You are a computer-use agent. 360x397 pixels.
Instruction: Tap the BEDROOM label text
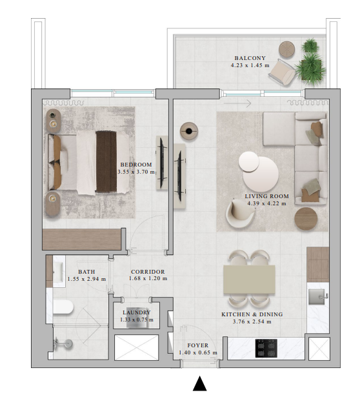[x=135, y=165]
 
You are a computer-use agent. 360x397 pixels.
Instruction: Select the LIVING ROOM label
[x=266, y=196]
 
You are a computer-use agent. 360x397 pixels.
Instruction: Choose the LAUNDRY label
[x=136, y=312]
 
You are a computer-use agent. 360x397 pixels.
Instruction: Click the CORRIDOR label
[x=148, y=272]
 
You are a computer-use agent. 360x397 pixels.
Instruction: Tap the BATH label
[x=86, y=272]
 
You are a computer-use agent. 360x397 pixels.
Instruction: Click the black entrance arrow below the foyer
[x=200, y=384]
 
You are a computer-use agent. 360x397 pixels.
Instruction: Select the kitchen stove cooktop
[x=268, y=349]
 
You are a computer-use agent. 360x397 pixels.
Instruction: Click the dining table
[x=248, y=278]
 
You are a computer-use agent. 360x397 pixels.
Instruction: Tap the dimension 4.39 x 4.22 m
[x=266, y=203]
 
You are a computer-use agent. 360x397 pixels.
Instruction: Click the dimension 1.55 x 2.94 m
[x=86, y=279]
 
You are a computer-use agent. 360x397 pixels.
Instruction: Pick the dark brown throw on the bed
[x=105, y=161]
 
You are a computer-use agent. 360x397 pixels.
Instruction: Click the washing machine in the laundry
[x=136, y=321]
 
